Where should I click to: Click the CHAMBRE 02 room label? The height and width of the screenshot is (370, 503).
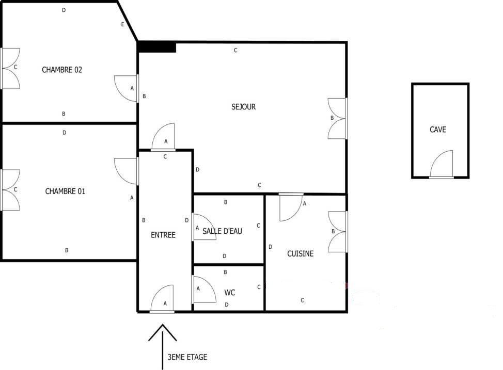pos(62,70)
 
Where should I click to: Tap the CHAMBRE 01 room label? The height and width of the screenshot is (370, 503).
pos(65,191)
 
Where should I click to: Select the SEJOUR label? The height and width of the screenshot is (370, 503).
pos(243,107)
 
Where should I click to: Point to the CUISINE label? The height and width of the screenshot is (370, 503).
pos(300,253)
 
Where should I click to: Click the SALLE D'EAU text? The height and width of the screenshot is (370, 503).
pos(222,231)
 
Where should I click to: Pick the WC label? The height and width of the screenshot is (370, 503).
pos(230,293)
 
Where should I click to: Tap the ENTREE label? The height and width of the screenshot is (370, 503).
pos(163,235)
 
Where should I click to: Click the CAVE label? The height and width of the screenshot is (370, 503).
pos(438,130)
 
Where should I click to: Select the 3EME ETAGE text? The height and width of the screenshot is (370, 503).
pos(187,357)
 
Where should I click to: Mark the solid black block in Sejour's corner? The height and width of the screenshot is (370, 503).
pos(157,47)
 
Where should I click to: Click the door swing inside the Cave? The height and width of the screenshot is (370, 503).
pos(442,164)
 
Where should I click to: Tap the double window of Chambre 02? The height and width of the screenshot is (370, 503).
pos(10,69)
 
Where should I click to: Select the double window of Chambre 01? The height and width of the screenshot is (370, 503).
pos(10,190)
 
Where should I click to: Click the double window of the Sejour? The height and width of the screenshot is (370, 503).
pos(337,119)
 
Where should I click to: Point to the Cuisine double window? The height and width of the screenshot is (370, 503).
pos(337,232)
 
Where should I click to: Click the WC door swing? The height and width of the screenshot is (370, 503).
pos(204,289)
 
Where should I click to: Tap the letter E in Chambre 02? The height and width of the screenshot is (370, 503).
pos(122,24)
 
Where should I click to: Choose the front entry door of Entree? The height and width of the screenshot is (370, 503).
pos(162,299)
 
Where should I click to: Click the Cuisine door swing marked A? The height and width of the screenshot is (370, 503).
pos(291,207)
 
